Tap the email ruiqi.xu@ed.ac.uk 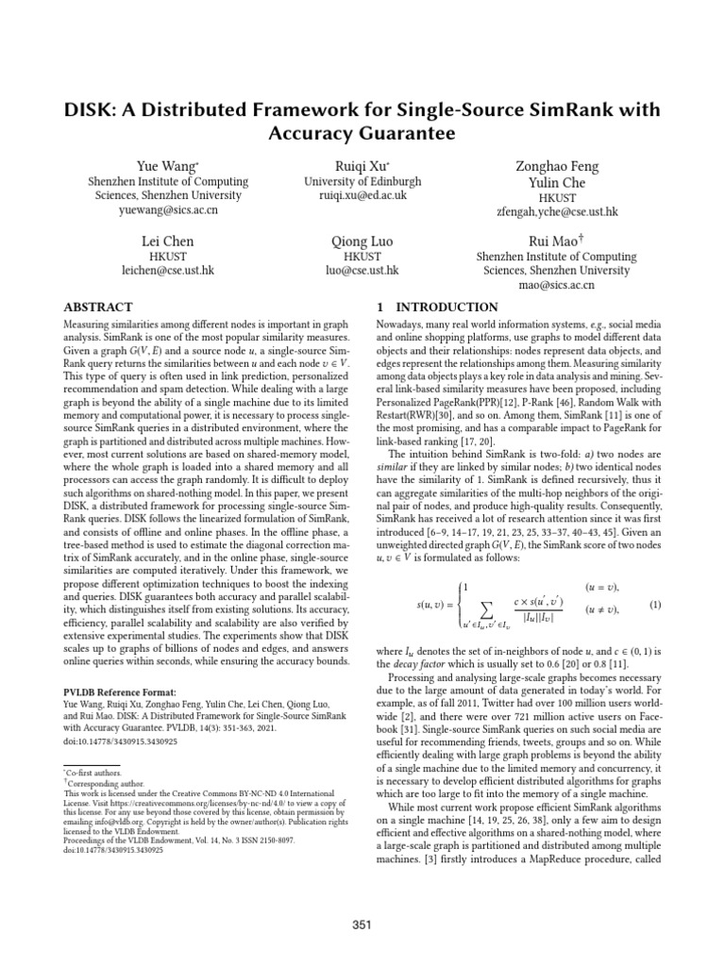(362, 196)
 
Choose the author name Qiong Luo (362, 241)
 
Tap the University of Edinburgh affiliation (362, 182)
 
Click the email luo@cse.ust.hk (362, 270)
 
